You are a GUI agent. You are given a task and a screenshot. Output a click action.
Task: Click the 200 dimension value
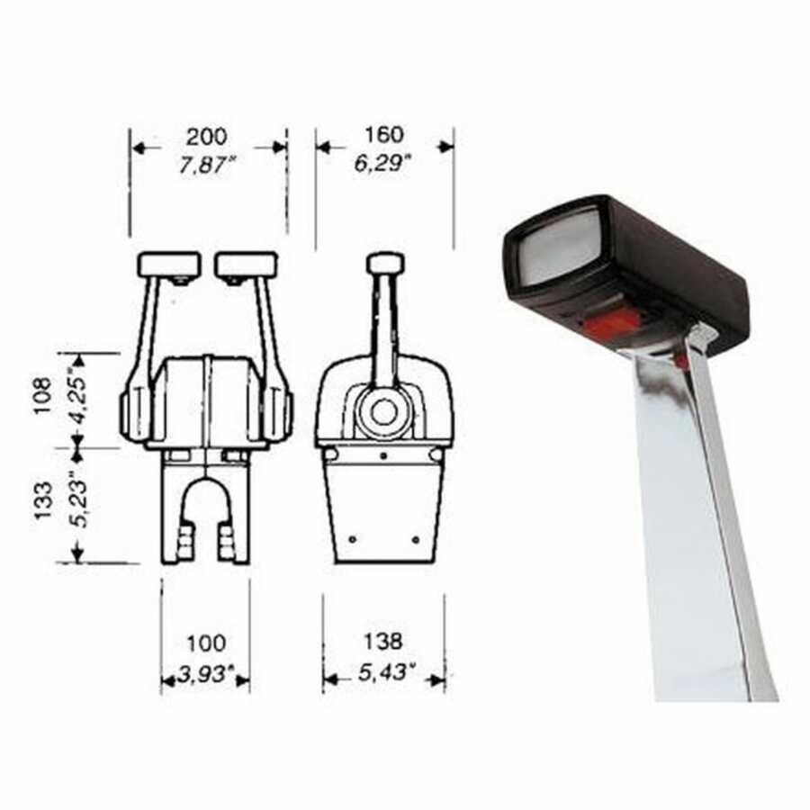(207, 138)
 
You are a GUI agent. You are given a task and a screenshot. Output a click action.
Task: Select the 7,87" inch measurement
(207, 166)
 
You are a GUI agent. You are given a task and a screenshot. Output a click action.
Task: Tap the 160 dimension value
(383, 135)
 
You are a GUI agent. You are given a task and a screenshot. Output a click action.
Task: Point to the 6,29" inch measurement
(382, 164)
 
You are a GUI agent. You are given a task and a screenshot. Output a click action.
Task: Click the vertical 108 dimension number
(42, 395)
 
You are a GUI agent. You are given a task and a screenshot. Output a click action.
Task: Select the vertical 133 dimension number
(42, 500)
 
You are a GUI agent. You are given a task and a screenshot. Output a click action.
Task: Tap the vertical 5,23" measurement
(78, 499)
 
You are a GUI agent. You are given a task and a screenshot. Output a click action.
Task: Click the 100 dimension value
(206, 643)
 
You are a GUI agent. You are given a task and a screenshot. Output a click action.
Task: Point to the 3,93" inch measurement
(206, 673)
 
